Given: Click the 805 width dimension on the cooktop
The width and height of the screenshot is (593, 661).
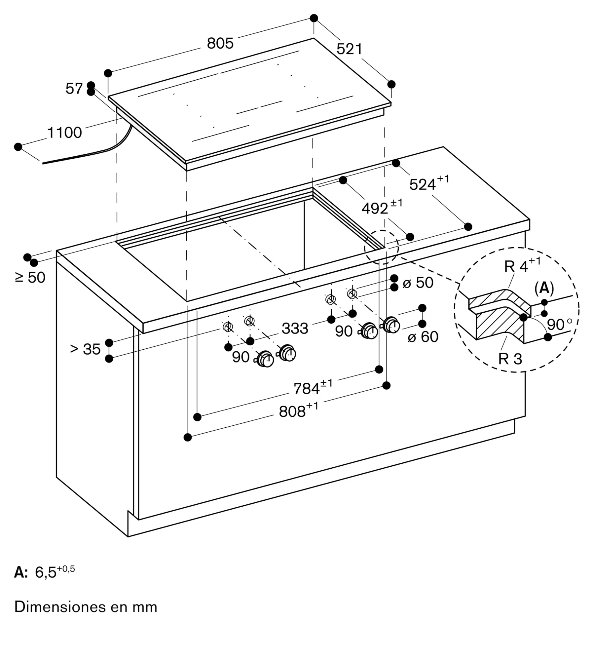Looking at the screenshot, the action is [x=220, y=43].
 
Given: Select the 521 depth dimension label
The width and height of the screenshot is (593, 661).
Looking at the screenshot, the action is [x=350, y=49].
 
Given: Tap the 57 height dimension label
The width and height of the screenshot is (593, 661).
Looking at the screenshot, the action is [x=74, y=89].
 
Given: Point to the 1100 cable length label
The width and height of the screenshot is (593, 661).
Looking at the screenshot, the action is [x=64, y=133].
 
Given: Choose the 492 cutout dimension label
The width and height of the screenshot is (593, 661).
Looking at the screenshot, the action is [x=382, y=207].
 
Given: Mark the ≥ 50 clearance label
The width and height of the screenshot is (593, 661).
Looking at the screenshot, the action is [x=30, y=277].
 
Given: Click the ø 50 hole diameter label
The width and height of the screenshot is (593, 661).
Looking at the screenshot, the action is [x=418, y=283].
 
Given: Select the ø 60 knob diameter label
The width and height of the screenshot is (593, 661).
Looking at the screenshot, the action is [x=423, y=337].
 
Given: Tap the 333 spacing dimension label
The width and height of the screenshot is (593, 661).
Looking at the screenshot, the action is [x=295, y=329].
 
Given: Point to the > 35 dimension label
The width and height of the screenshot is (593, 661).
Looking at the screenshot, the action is [x=85, y=349].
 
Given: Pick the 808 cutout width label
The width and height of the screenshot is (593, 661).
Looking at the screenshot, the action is [x=299, y=410].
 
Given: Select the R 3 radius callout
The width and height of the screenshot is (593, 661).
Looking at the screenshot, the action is [x=510, y=359].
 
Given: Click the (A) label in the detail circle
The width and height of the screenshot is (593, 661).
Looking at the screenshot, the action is [x=544, y=289].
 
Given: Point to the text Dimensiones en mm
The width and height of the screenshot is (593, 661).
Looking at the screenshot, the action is [x=86, y=607].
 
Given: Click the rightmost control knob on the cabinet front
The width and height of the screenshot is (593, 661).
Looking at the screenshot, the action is [x=391, y=326].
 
